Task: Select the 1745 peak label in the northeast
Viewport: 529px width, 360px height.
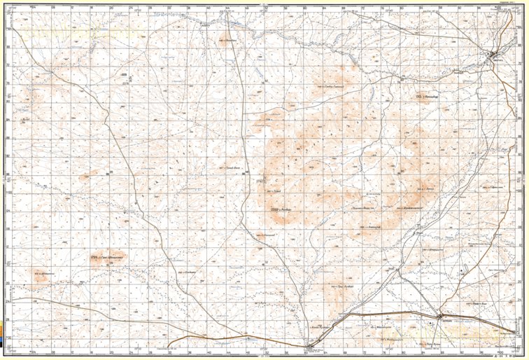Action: [x=420, y=96]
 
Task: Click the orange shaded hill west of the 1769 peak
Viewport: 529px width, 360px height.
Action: [x=38, y=276]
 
